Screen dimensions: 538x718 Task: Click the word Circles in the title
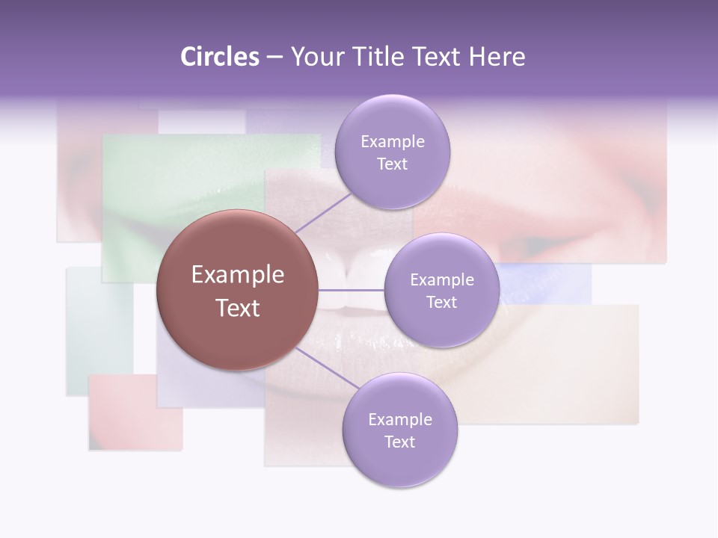(219, 57)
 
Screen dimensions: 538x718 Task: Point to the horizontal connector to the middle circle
(352, 290)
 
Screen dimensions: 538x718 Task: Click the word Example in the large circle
(237, 275)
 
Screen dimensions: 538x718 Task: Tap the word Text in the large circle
(237, 308)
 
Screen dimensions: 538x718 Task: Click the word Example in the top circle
(392, 142)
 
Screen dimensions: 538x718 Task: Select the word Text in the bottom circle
(399, 442)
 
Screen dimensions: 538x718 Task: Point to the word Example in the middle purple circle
(441, 280)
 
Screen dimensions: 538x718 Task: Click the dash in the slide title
(274, 57)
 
